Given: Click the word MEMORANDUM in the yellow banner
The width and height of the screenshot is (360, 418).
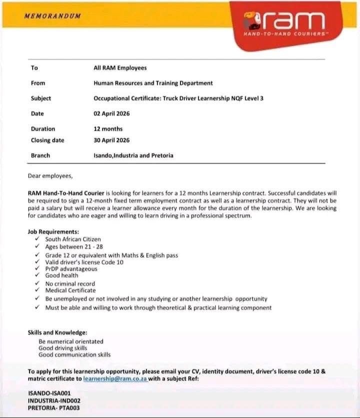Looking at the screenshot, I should pos(52,16).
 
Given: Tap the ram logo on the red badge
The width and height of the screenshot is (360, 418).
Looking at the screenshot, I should pos(284,21).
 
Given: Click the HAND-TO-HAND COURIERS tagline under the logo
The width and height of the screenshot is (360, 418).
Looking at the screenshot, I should pos(284,34).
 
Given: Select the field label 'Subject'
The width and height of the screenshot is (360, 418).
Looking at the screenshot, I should pos(41,98).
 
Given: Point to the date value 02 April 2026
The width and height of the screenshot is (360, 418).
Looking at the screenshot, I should pos(111,114).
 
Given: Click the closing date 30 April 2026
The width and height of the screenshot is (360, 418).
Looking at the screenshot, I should pos(111,140).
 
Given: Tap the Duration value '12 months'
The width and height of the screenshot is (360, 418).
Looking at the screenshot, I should pos(108,129).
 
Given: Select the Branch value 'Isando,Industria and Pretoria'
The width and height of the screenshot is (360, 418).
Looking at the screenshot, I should pos(133,155).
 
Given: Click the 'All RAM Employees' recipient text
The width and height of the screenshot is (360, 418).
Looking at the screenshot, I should pos(120,68).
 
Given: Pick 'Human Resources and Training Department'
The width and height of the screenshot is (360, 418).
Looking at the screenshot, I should pos(153,83).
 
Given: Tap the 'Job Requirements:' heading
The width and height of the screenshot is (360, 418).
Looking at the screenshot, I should pos(53,232).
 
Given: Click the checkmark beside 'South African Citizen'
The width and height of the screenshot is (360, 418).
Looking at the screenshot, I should pos(37,239).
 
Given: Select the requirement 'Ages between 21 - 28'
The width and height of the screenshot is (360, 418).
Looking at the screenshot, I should pos(74,246).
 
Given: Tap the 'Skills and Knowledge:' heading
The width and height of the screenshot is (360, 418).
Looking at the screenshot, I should pos(57,333).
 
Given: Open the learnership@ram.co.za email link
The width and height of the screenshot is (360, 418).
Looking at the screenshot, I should pos(114,379).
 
